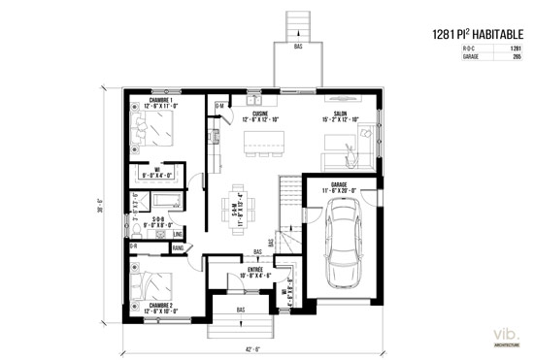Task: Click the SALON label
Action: click(341, 115)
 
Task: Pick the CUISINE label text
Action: click(260, 115)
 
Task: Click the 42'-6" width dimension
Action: click(250, 350)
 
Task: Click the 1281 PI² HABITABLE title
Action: click(477, 34)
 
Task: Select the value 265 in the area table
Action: click(516, 58)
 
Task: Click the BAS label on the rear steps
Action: click(298, 46)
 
